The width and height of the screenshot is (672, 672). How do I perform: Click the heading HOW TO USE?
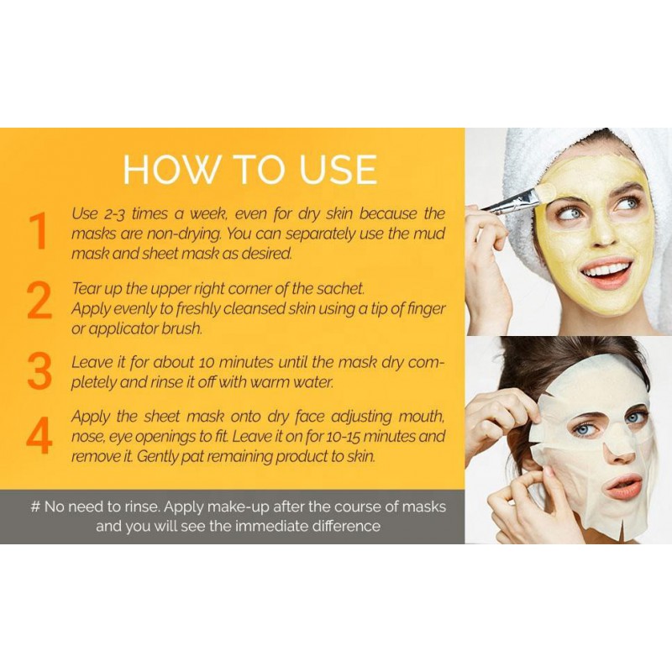click(x=249, y=170)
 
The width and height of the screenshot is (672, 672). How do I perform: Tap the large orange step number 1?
click(x=39, y=232)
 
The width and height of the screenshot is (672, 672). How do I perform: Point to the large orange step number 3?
click(x=39, y=371)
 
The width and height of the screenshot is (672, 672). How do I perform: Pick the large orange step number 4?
click(x=39, y=436)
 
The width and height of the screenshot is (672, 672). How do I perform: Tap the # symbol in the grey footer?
click(x=35, y=507)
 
